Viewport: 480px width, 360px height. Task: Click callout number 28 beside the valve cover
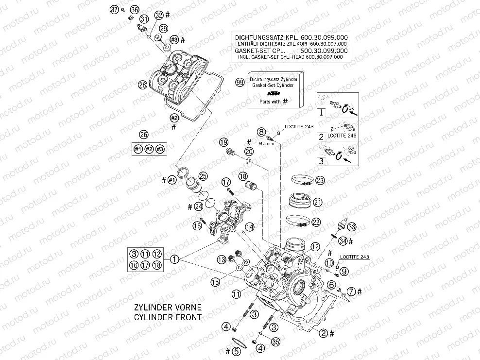click(142, 85)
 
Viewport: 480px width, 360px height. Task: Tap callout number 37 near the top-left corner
click(114, 9)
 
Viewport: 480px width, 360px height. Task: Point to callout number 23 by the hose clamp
click(319, 180)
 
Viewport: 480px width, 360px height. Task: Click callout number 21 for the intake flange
click(318, 202)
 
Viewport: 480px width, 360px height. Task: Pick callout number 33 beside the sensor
click(352, 226)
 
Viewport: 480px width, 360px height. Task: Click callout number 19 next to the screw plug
click(223, 142)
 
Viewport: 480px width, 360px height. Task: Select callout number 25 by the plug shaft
click(203, 176)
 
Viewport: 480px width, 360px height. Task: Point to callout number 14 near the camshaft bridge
click(249, 227)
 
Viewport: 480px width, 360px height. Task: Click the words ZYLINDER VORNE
click(168, 309)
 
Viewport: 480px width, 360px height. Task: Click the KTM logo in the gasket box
click(274, 93)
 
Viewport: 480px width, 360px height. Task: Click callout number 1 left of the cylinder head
click(174, 259)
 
